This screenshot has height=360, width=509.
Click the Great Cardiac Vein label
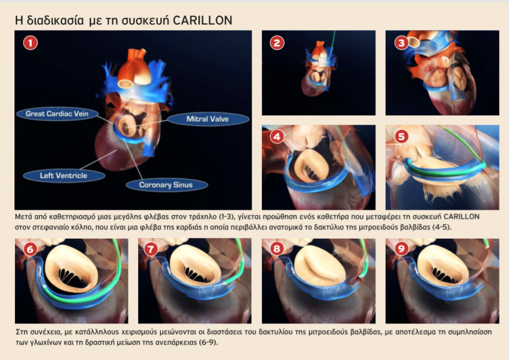pyautogui.click(x=57, y=114)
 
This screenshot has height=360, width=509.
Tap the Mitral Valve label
pyautogui.click(x=208, y=119)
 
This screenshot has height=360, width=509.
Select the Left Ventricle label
pyautogui.click(x=64, y=176)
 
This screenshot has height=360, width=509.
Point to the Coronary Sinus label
pyautogui.click(x=167, y=185)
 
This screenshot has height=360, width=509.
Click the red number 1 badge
pyautogui.click(x=31, y=43)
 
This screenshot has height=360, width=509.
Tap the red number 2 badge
pyautogui.click(x=277, y=43)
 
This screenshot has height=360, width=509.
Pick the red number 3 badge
pyautogui.click(x=401, y=43)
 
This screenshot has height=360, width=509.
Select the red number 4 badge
pyautogui.click(x=277, y=136)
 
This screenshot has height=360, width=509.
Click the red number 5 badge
pyautogui.click(x=401, y=136)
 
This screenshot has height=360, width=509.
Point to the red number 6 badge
pyautogui.click(x=30, y=249)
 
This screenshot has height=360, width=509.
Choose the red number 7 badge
pyautogui.click(x=150, y=249)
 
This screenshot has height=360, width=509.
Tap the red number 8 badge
pyautogui.click(x=277, y=249)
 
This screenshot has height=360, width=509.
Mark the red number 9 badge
pyautogui.click(x=401, y=249)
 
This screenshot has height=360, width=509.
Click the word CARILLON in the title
pyautogui.click(x=202, y=20)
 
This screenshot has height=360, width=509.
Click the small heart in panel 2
pyautogui.click(x=317, y=70)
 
